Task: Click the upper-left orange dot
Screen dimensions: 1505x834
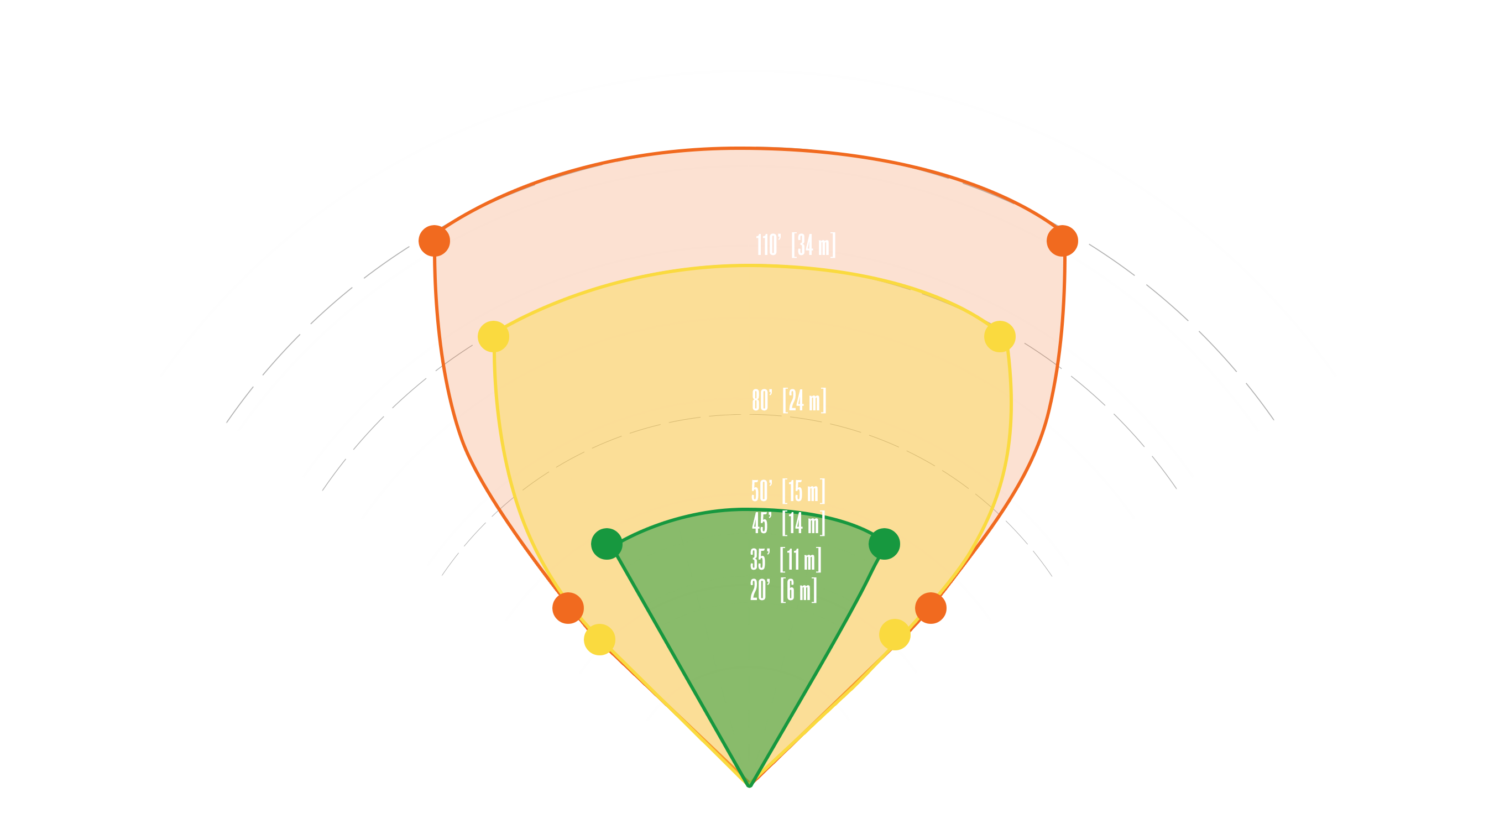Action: [x=434, y=241]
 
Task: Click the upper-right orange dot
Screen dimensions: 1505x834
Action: [x=1062, y=241]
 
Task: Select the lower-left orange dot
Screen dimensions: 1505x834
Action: [x=568, y=608]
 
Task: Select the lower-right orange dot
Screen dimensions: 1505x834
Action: [x=931, y=608]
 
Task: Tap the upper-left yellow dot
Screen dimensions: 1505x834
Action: [x=494, y=337]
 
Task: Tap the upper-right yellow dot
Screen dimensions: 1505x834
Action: [x=1000, y=337]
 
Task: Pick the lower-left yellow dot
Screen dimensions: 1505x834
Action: [x=599, y=639]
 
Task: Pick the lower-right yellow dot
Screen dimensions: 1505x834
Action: [x=895, y=635]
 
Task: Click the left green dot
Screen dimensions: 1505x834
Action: [x=607, y=544]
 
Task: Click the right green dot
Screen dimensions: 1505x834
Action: [x=884, y=544]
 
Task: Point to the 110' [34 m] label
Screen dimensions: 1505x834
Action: [x=796, y=245]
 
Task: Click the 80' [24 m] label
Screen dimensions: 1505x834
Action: [x=790, y=400]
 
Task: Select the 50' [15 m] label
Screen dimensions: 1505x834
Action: [x=788, y=491]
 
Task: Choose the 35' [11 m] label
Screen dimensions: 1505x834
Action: [x=786, y=559]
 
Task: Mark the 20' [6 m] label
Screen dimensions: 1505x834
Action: [x=783, y=590]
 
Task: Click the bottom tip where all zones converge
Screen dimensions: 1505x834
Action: [x=750, y=785]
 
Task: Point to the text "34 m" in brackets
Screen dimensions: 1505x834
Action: [x=814, y=245]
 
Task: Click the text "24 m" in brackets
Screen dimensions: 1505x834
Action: [x=804, y=400]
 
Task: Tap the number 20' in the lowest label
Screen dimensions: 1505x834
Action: [x=760, y=590]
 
